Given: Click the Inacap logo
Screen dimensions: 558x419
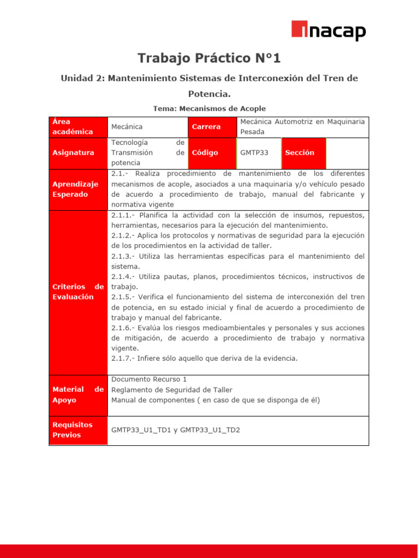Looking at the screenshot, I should (328, 31).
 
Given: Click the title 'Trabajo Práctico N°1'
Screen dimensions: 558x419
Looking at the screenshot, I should (209, 58).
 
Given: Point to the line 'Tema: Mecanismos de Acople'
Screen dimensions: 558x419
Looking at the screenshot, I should (209, 108).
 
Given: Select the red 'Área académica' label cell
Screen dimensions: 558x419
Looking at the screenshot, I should (78, 126).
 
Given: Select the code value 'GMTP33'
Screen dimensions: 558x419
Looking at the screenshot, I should (254, 153).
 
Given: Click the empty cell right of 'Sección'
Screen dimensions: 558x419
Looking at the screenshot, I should (347, 153).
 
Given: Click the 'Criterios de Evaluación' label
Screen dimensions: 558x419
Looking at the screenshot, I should (78, 292).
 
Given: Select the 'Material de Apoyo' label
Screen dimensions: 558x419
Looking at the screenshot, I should (78, 395).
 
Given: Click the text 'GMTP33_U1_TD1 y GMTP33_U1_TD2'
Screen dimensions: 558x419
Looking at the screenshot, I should (175, 430).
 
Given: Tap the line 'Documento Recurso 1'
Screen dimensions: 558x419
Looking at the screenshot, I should (149, 379).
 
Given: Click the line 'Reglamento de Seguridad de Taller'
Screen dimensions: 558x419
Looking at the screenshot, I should (171, 390).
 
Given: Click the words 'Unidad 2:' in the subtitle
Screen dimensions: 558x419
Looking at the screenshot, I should (82, 78).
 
